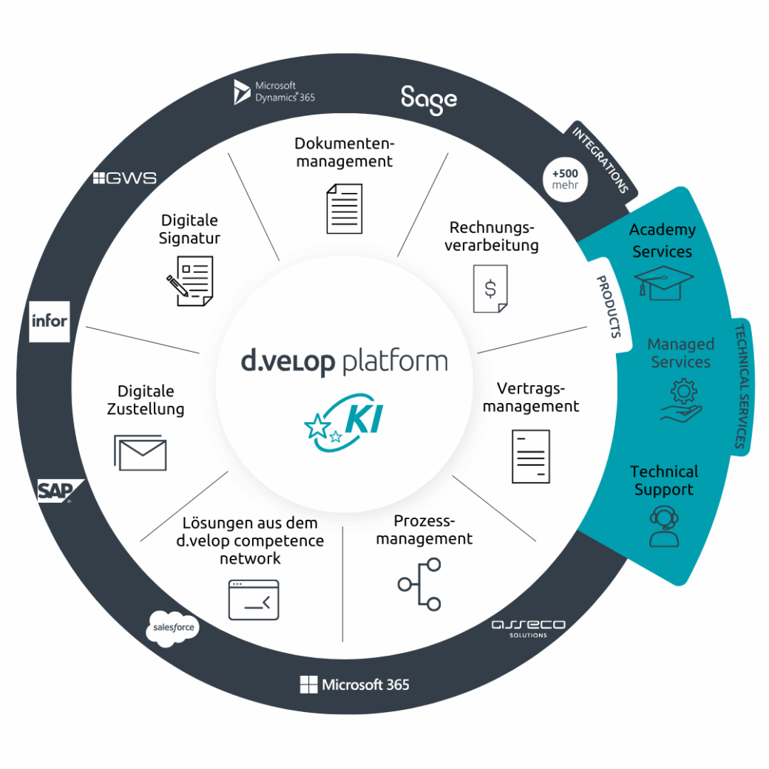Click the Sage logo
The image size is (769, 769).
tap(429, 99)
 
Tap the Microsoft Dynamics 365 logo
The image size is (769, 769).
tap(274, 92)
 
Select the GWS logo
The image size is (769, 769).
tap(125, 178)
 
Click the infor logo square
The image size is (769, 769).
tap(50, 321)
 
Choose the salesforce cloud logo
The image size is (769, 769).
tap(173, 629)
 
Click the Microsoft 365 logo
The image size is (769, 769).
tap(354, 685)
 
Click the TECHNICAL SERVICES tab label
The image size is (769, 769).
tap(740, 386)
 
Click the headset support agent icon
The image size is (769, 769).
tap(663, 526)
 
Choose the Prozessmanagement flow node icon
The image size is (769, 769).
tap(420, 584)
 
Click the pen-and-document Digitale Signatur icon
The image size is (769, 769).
tap(190, 280)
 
